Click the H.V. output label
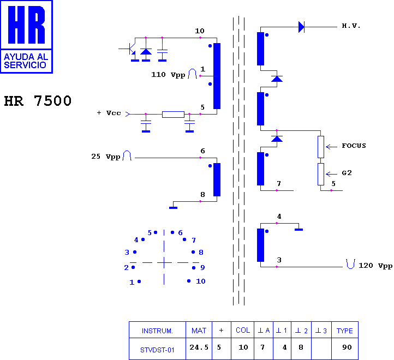(x=351, y=26)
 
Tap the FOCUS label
(x=354, y=146)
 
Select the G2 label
(x=347, y=173)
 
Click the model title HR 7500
(x=38, y=101)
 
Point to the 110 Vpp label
(x=168, y=75)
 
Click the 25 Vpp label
(x=106, y=157)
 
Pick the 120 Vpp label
(x=375, y=266)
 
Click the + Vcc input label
(x=109, y=113)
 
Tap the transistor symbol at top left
(x=130, y=49)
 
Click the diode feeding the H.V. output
(x=301, y=27)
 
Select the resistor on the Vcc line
(x=173, y=115)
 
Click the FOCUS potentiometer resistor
(x=321, y=147)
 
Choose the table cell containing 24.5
(x=199, y=349)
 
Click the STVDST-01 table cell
(x=157, y=349)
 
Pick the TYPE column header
(x=345, y=330)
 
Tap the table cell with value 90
(x=345, y=349)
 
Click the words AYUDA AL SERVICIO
(x=26, y=61)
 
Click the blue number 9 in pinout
(x=202, y=268)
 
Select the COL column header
(x=242, y=330)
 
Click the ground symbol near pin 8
(x=173, y=207)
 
